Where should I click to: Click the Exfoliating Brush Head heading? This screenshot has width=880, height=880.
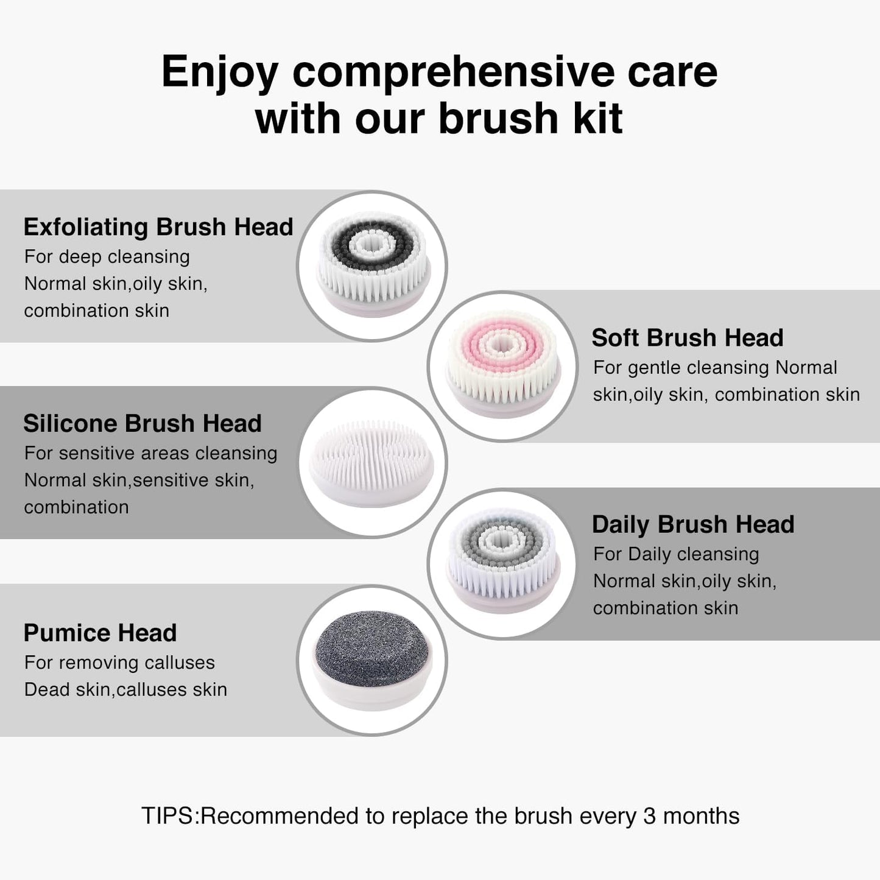tap(158, 227)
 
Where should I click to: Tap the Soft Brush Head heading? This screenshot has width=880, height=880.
tap(687, 337)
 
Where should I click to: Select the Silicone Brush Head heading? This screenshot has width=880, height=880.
tap(143, 423)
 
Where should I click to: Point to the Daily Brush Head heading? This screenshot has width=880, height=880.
tap(693, 524)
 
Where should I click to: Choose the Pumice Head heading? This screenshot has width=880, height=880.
tap(100, 633)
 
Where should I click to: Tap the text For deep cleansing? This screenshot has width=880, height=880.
tap(107, 257)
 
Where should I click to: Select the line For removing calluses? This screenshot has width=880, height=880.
tap(119, 663)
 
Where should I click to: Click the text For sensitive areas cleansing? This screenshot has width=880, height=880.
tap(150, 453)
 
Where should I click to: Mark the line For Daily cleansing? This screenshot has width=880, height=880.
tap(676, 554)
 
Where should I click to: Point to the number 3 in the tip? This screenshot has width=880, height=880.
tap(650, 816)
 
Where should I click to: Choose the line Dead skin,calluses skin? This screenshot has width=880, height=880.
tap(125, 689)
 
